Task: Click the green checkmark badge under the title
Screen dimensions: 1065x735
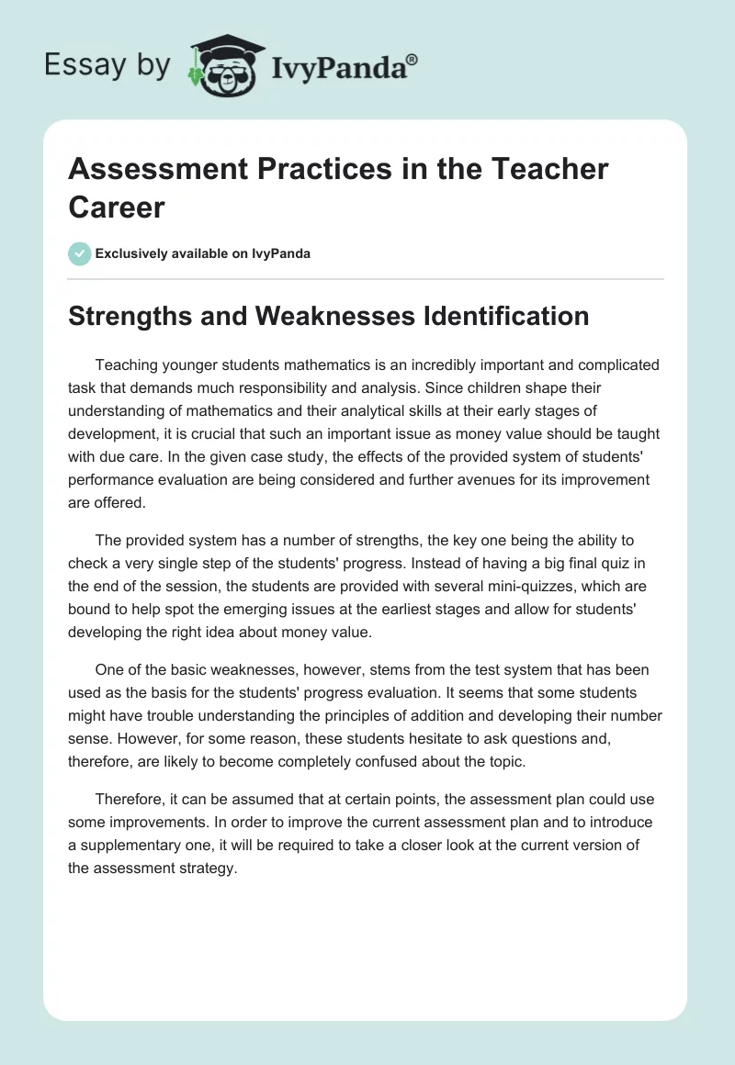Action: pyautogui.click(x=80, y=253)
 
